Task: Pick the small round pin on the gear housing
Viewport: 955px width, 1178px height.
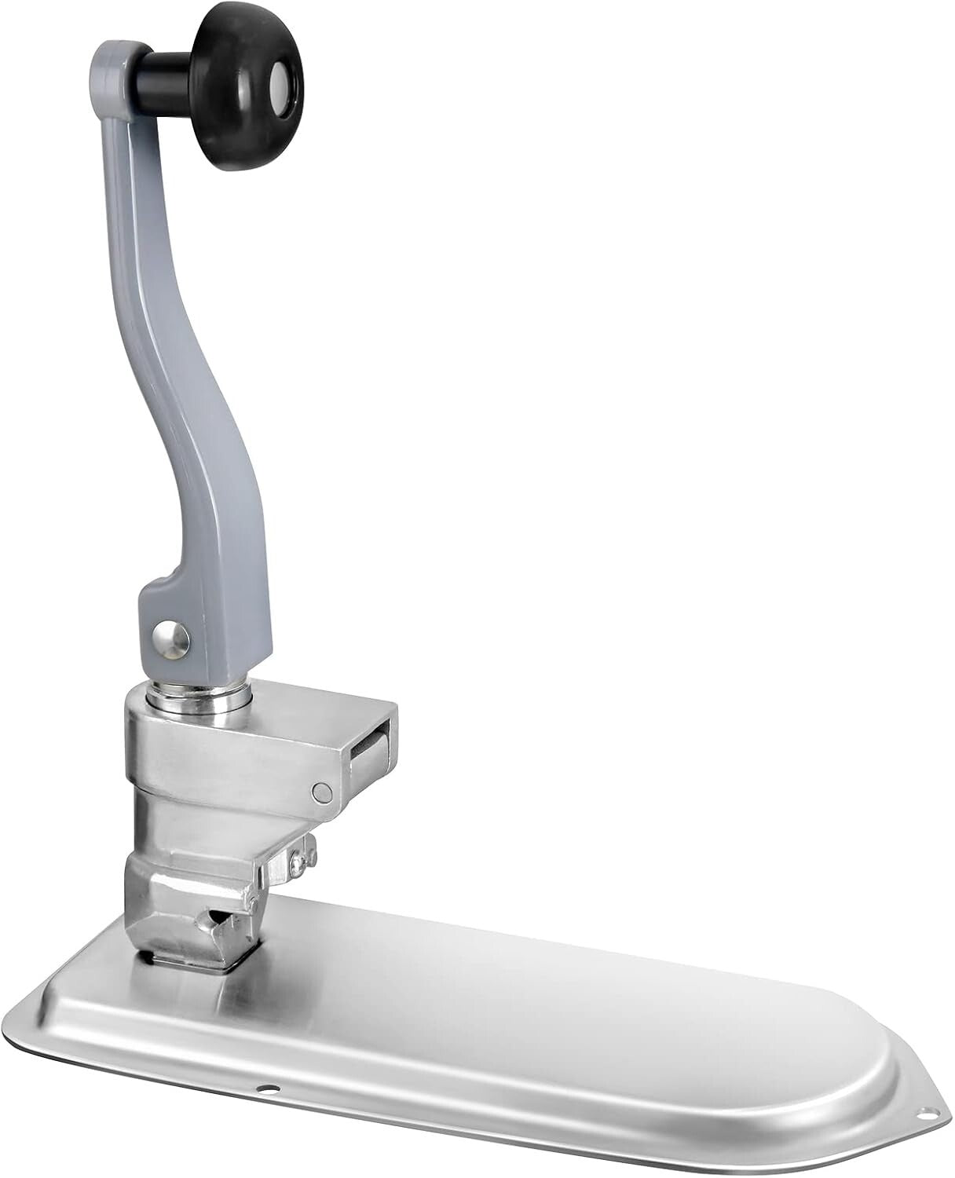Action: pyautogui.click(x=320, y=791)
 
